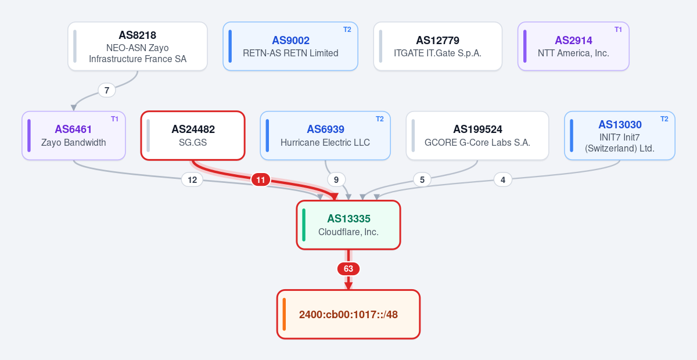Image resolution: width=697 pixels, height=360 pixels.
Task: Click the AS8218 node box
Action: click(x=138, y=46)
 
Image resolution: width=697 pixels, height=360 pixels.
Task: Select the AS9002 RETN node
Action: click(x=290, y=46)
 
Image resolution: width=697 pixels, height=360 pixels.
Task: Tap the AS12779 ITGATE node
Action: click(x=438, y=46)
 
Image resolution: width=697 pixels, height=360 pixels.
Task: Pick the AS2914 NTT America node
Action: click(x=573, y=46)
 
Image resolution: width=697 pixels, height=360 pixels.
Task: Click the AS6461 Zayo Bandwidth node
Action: click(x=74, y=136)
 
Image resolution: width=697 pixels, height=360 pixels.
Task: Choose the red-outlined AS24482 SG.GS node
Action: click(x=193, y=136)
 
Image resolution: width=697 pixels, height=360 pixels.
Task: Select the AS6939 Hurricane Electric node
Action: click(x=325, y=136)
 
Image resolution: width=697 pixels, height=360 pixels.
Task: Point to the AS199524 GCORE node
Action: click(x=477, y=136)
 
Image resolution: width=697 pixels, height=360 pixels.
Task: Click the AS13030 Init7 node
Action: click(x=620, y=136)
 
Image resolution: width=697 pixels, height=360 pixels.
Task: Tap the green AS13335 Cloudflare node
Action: click(x=348, y=225)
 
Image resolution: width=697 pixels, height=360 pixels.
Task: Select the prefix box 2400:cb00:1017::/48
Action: click(x=348, y=314)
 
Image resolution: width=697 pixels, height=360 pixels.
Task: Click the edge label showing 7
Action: click(x=107, y=90)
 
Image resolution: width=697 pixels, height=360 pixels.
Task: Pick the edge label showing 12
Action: click(x=192, y=180)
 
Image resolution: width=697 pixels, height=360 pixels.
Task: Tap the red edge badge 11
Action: click(x=261, y=180)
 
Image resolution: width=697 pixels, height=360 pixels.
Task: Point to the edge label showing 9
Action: click(x=336, y=180)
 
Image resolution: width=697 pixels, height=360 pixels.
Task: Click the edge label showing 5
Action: click(x=422, y=180)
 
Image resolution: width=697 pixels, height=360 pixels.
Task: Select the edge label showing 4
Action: click(x=503, y=180)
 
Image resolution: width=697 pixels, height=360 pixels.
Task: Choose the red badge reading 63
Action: click(x=348, y=269)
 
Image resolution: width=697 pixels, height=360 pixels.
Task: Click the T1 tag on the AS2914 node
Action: click(x=618, y=30)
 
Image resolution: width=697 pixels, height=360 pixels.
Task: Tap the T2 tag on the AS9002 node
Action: click(x=347, y=30)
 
